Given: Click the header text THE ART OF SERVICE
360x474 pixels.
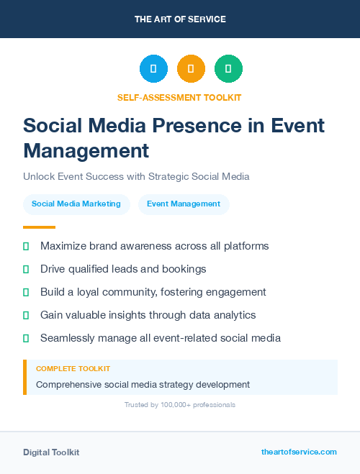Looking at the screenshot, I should pos(180,19).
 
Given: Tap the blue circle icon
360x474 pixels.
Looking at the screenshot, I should pos(153,69).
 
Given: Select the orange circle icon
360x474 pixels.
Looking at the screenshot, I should pos(191,69).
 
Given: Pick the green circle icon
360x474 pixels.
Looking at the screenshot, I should pos(228,69).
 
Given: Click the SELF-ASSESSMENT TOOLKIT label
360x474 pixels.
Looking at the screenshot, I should pos(179,97).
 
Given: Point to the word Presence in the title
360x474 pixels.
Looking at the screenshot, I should pos(216,126).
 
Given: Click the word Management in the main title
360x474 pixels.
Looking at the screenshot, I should pos(86,150).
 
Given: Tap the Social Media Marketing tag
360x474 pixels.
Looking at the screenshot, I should pos(76,204).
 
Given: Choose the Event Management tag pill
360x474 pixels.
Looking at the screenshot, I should pos(184,204).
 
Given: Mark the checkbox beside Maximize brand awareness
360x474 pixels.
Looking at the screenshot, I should pos(26,246).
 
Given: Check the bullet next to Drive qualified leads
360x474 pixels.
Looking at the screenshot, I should pos(26,269).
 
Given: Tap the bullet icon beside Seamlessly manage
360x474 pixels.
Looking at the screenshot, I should pos(26,338).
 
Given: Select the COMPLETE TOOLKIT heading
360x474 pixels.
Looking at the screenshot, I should pos(73,368).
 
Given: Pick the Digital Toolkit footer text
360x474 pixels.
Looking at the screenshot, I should pos(51,452).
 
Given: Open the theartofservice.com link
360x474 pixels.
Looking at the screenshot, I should pos(299,452).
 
